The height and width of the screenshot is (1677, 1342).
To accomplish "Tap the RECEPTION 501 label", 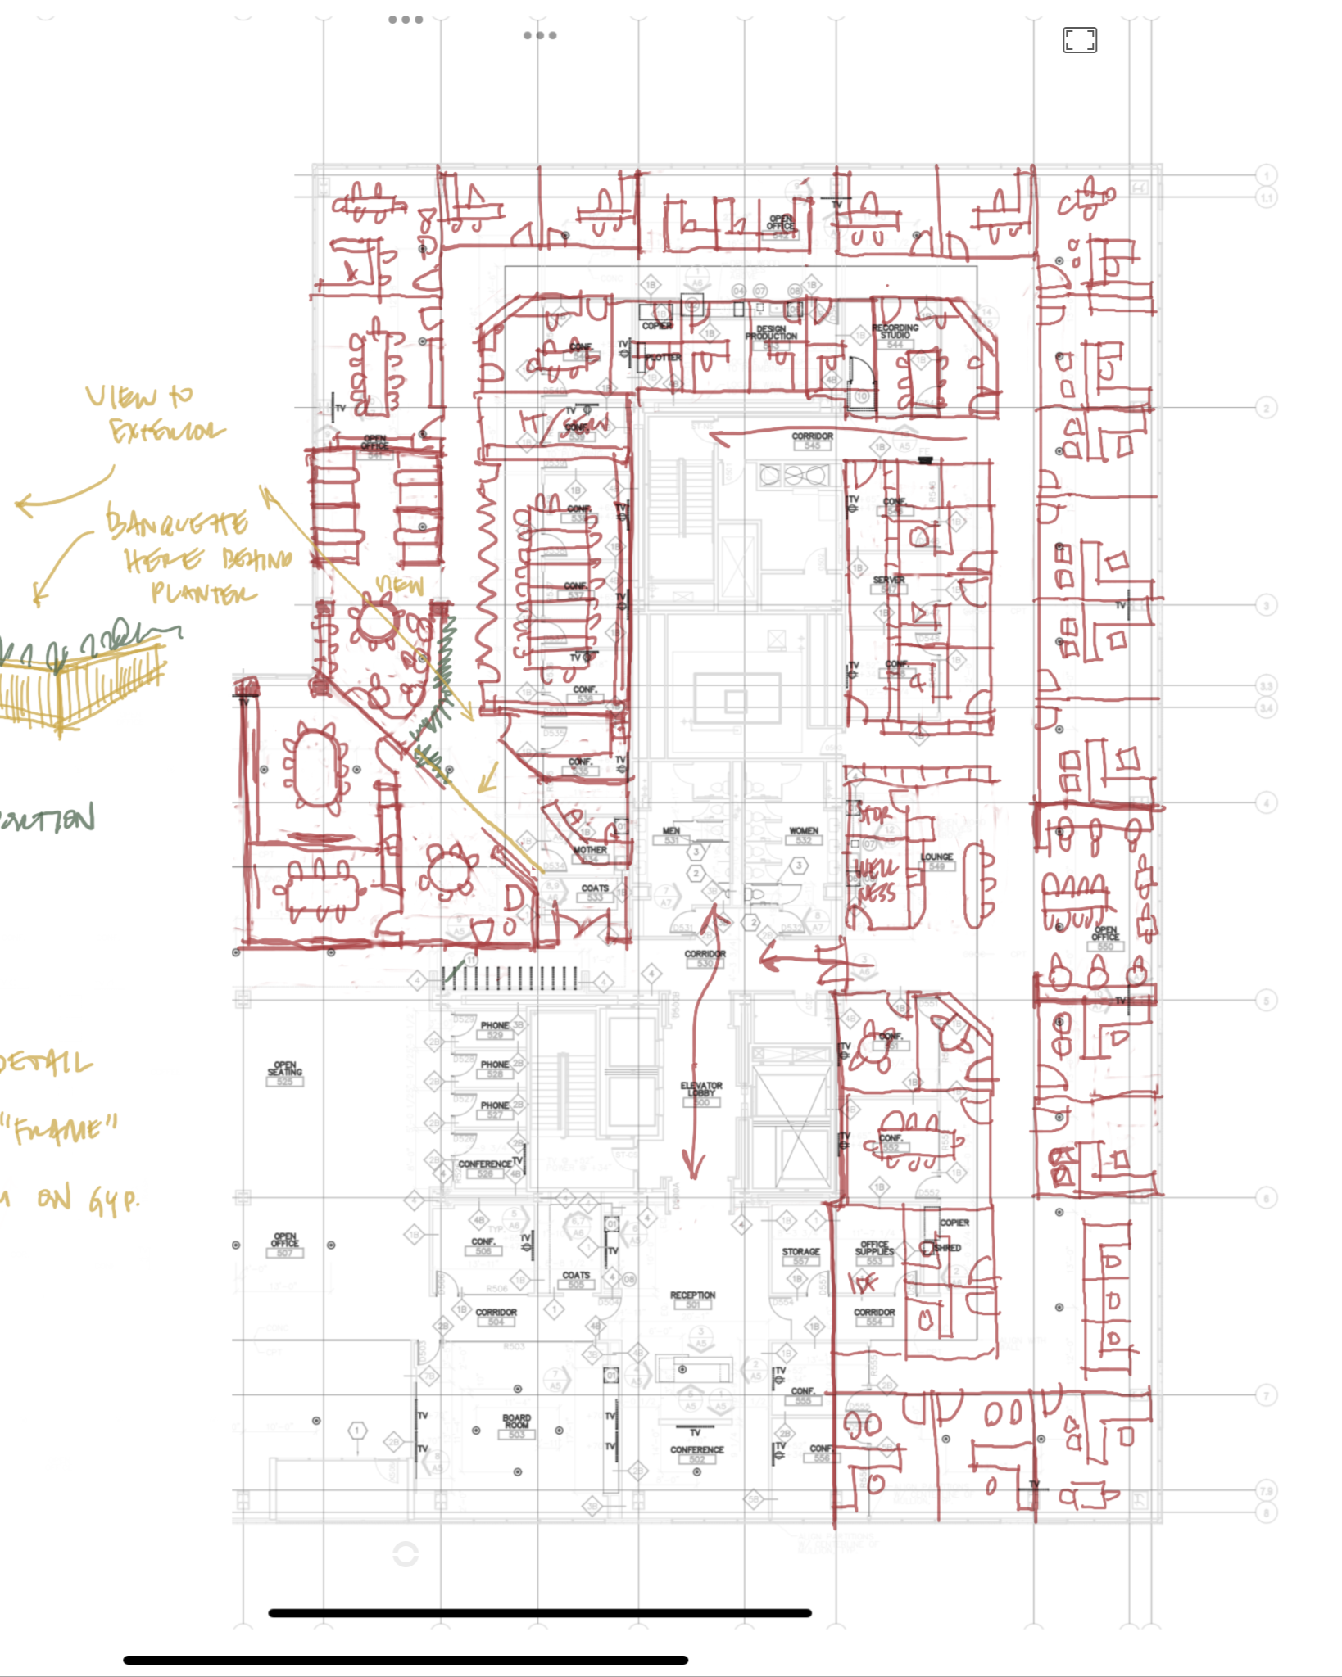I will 692,1299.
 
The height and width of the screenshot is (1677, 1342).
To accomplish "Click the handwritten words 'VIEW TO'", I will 140,397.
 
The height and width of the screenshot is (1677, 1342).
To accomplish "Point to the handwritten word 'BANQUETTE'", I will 177,522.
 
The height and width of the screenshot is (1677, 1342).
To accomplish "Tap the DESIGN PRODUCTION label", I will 771,333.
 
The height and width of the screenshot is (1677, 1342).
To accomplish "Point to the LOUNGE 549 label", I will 936,860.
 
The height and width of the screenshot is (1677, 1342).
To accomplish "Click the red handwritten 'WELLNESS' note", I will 877,880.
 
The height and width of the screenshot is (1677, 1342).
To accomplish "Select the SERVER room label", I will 889,582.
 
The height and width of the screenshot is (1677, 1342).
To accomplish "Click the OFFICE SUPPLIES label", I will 874,1251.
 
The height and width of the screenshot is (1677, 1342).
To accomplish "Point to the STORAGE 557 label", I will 800,1255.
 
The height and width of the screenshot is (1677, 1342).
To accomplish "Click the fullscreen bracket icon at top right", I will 1079,40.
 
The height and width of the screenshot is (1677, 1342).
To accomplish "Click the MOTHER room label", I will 590,850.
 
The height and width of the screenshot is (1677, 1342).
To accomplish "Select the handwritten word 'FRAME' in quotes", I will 62,1131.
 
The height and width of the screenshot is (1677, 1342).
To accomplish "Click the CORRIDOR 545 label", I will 812,440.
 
